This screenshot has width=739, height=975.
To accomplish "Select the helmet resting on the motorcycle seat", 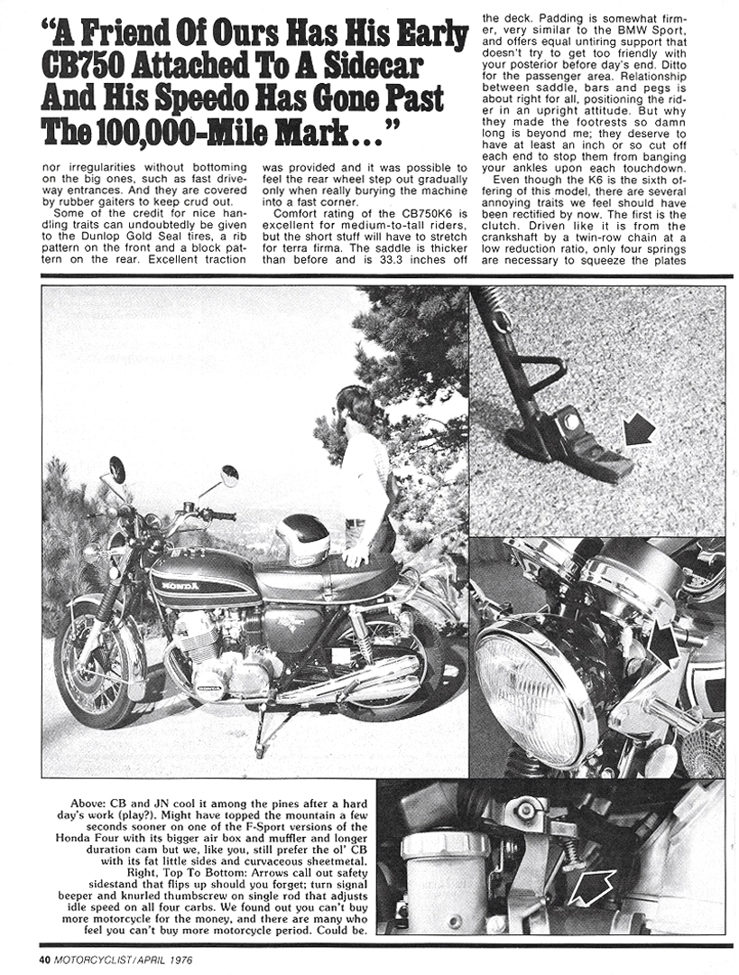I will click(x=301, y=539).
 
